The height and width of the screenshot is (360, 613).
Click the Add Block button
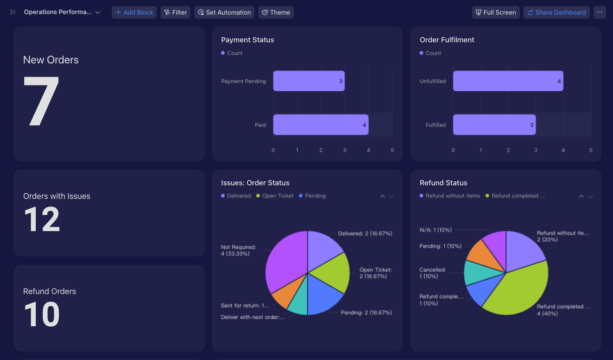pyautogui.click(x=134, y=12)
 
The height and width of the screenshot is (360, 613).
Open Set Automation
pyautogui.click(x=224, y=12)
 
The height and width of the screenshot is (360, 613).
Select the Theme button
pyautogui.click(x=276, y=12)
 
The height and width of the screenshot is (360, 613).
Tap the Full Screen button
pyautogui.click(x=496, y=12)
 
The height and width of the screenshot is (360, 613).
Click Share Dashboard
pyautogui.click(x=557, y=12)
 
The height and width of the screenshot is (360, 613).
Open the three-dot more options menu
pyautogui.click(x=599, y=12)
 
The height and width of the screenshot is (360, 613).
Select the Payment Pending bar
pyautogui.click(x=309, y=81)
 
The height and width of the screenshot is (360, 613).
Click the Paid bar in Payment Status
pyautogui.click(x=321, y=125)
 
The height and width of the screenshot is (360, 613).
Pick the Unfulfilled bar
pyautogui.click(x=508, y=81)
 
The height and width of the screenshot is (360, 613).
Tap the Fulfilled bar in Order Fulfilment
pyautogui.click(x=494, y=125)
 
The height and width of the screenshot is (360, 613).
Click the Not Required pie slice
pyautogui.click(x=286, y=260)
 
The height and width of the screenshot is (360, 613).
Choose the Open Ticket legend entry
pyautogui.click(x=275, y=196)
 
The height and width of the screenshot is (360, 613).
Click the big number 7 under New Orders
pyautogui.click(x=41, y=101)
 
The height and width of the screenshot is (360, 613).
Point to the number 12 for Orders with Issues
pyautogui.click(x=42, y=219)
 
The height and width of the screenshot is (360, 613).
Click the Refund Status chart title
pyautogui.click(x=443, y=183)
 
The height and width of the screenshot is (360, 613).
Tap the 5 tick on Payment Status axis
pyautogui.click(x=392, y=150)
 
